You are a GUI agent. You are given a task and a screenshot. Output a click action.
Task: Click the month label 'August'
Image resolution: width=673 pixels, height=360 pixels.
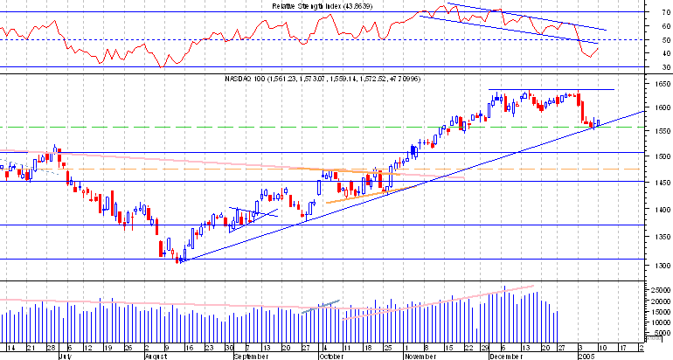(154, 357)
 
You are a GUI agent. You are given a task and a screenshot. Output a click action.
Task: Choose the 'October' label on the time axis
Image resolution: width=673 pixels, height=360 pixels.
(331, 357)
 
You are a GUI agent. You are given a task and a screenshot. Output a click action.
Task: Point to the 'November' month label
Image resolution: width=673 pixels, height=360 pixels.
(420, 357)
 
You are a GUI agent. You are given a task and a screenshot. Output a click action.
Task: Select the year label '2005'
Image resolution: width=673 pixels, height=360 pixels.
(589, 357)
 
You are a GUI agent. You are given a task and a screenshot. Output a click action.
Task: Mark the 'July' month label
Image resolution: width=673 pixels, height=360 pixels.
(63, 357)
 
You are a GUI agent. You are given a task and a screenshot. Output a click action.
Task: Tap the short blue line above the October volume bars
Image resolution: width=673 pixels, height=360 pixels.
(320, 306)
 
